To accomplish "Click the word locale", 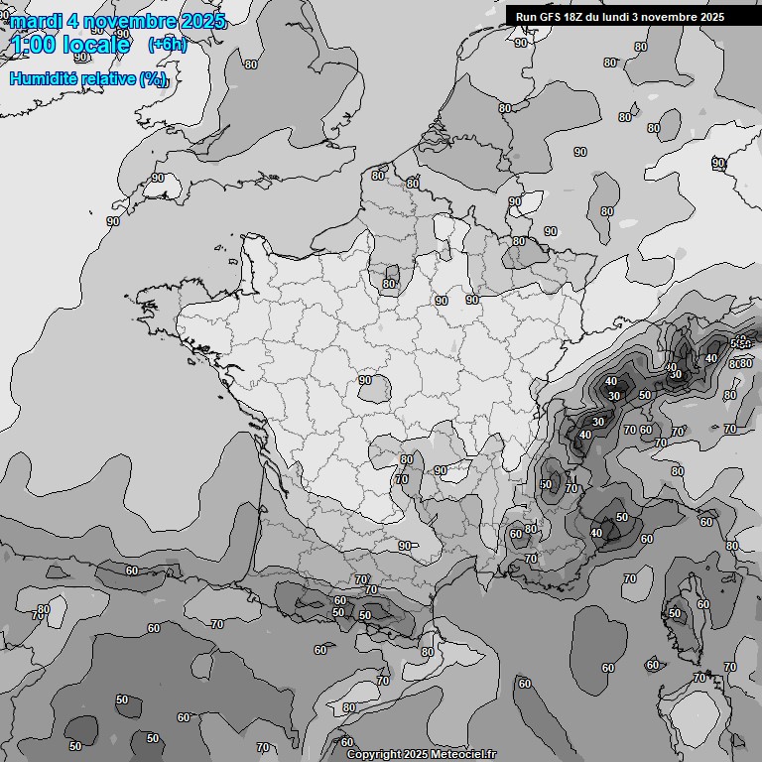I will [x=96, y=45].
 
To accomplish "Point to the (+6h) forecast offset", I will [x=167, y=44].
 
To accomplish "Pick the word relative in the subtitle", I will [x=108, y=78].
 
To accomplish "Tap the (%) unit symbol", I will [x=153, y=79].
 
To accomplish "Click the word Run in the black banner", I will [x=526, y=17].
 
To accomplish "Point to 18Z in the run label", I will [x=575, y=17].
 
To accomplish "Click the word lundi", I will [x=622, y=17].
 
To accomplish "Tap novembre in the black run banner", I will [x=672, y=17].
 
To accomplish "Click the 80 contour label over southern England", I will [x=250, y=64].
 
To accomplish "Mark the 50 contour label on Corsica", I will [x=675, y=613].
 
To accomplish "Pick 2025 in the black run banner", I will [x=712, y=17].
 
